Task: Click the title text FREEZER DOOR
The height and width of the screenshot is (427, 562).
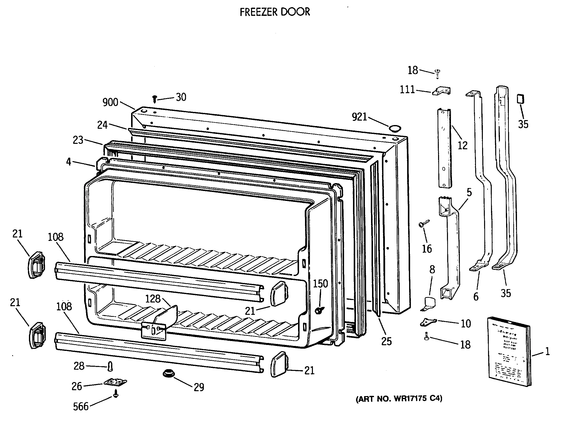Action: (275, 12)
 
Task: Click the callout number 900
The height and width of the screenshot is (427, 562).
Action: (110, 102)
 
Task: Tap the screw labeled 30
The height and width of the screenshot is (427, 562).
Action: (154, 99)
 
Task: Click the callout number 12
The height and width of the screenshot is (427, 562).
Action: (462, 145)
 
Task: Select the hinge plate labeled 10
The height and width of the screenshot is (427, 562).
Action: (428, 322)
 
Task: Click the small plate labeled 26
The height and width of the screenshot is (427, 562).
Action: (115, 382)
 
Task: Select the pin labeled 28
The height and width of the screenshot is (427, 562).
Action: (110, 366)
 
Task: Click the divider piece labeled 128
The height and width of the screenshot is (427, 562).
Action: (165, 317)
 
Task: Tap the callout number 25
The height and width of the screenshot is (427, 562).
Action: (386, 341)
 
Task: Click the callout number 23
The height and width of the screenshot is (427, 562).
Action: (78, 140)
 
